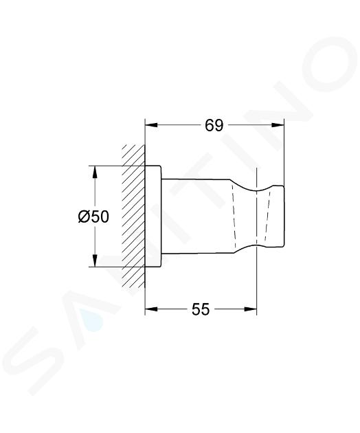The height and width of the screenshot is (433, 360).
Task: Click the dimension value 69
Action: tap(214, 126)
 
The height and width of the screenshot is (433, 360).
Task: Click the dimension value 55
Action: tap(201, 309)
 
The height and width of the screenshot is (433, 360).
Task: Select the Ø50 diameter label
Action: tap(93, 216)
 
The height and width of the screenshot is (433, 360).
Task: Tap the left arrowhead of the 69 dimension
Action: tap(151, 125)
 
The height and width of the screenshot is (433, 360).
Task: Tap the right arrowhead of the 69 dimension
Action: tap(278, 125)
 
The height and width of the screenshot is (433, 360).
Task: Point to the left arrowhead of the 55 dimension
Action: tap(151, 309)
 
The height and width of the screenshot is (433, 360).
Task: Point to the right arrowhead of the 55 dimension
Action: tap(251, 309)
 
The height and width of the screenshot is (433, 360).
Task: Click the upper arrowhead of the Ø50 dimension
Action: tap(95, 172)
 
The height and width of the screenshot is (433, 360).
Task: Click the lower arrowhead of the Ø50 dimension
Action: tap(95, 260)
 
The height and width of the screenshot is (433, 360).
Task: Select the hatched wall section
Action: tap(133, 216)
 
